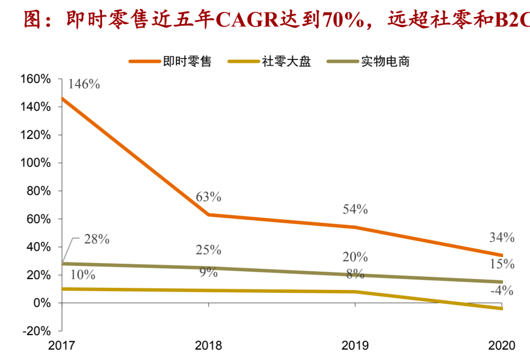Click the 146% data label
point(84,84)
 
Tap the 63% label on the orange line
point(209,197)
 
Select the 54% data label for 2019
point(355,209)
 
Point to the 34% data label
point(502,238)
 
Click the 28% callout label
point(96,240)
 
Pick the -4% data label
point(502,291)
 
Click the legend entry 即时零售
point(187,62)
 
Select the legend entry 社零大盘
point(287,62)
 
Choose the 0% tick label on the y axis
point(42,303)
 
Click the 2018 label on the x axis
point(209,346)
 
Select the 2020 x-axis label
point(502,346)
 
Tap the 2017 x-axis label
point(62,346)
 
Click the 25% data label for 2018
point(209,250)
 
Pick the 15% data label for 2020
point(502,264)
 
